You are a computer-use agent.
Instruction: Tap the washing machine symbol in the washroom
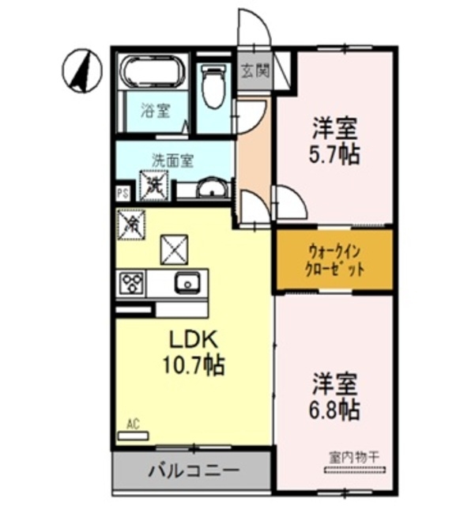pyautogui.click(x=153, y=184)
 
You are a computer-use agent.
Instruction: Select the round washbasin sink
pyautogui.click(x=211, y=189)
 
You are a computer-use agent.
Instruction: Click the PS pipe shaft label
pyautogui.click(x=123, y=192)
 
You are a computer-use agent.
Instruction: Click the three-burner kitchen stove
pyautogui.click(x=131, y=281)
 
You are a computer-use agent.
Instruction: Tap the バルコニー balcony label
pyautogui.click(x=194, y=470)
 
